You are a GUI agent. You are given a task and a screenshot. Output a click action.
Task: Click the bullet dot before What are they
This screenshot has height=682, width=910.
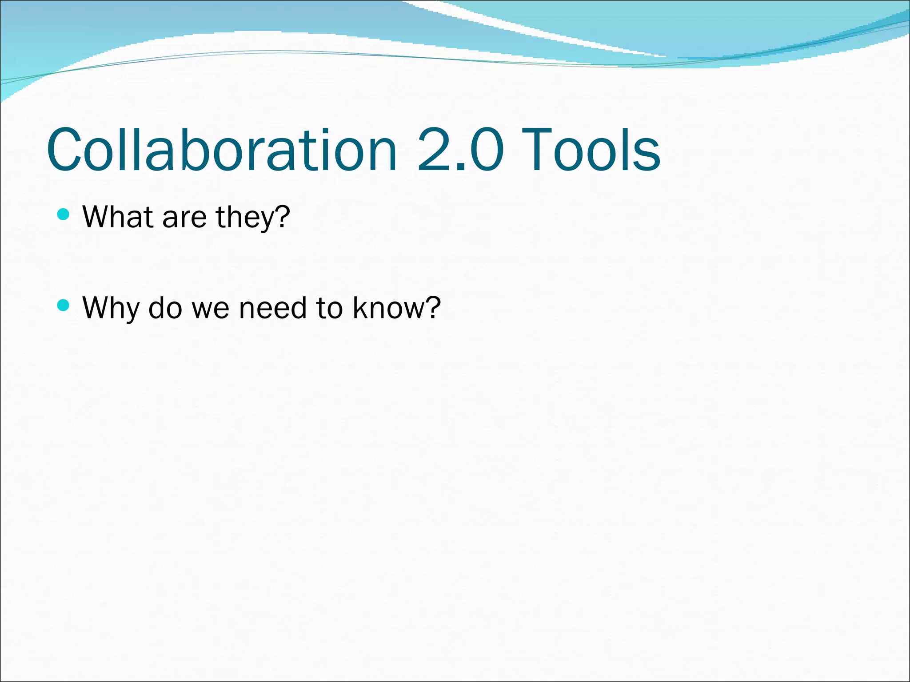(64, 215)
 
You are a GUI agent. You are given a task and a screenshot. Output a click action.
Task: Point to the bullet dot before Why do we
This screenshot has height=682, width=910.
(64, 305)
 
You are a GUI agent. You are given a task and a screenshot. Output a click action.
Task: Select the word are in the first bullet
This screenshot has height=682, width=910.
(184, 218)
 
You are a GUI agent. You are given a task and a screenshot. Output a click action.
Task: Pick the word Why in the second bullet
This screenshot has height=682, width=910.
(111, 307)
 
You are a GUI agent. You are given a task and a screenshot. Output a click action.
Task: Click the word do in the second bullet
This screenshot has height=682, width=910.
(165, 307)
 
